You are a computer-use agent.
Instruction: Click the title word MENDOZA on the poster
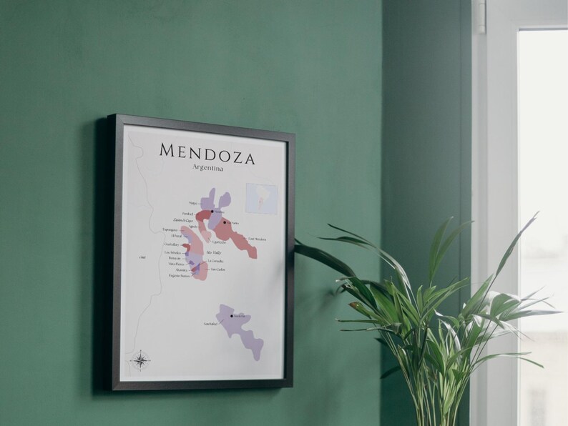(x=207, y=152)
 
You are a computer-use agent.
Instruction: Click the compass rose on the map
(x=140, y=360)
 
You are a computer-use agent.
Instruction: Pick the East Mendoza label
(x=257, y=238)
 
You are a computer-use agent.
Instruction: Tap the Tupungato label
(x=170, y=230)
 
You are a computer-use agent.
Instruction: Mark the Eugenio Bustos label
(x=180, y=276)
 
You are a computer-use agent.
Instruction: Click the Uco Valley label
(x=213, y=252)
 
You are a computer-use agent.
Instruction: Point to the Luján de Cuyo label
(x=185, y=220)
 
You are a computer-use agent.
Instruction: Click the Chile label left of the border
(x=142, y=256)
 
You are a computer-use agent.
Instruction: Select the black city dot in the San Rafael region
(x=231, y=314)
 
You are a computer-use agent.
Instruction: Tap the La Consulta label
(x=215, y=261)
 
